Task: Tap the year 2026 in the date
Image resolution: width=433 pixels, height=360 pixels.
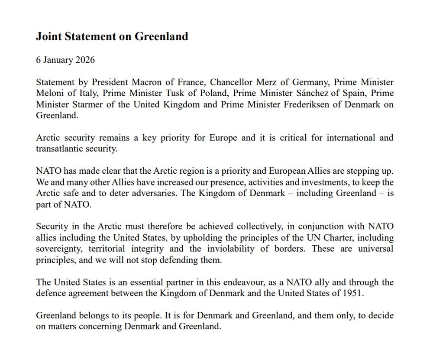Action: click(85, 60)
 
